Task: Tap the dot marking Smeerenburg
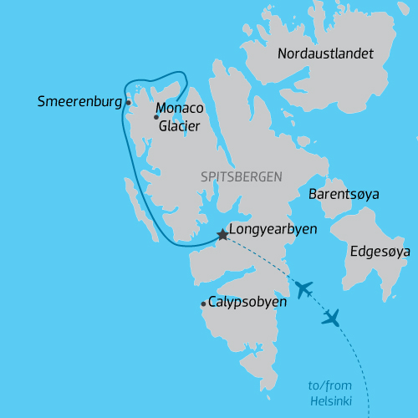pyautogui.click(x=128, y=103)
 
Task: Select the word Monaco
pyautogui.click(x=180, y=109)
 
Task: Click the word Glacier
pyautogui.click(x=178, y=125)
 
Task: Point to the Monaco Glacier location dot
pyautogui.click(x=156, y=117)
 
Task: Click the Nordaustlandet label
pyautogui.click(x=325, y=54)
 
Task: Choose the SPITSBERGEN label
pyautogui.click(x=242, y=177)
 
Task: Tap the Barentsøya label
pyautogui.click(x=344, y=194)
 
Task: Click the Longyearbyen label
pyautogui.click(x=272, y=228)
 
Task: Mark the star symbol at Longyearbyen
pyautogui.click(x=222, y=235)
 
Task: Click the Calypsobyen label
pyautogui.click(x=247, y=302)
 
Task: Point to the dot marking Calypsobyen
pyautogui.click(x=203, y=304)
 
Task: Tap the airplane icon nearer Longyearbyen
pyautogui.click(x=303, y=289)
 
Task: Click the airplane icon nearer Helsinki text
pyautogui.click(x=332, y=318)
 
